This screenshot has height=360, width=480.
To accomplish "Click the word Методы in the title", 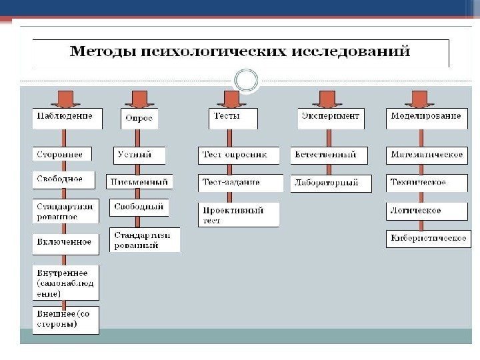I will tap(100, 51).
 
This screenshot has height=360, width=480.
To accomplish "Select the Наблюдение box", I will tap(67, 118).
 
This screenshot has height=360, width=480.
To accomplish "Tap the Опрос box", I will tap(139, 119).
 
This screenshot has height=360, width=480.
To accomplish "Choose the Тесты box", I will tap(233, 118).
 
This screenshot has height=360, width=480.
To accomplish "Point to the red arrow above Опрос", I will tap(139, 98).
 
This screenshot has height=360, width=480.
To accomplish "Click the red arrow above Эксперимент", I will tap(327, 98).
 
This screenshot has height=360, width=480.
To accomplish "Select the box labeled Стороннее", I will tap(63, 155).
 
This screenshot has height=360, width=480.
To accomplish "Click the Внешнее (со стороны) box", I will tap(66, 320).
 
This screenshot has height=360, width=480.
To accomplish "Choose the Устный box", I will tap(139, 155).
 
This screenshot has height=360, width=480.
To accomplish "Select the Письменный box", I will tap(140, 181).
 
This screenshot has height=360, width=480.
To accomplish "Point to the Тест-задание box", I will tap(238, 182).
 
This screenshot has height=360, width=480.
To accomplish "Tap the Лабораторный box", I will tap(331, 183).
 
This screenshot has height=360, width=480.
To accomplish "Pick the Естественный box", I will tap(329, 155).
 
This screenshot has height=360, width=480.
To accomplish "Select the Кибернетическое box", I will tap(428, 239).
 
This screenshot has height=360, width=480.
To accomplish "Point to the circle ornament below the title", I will tap(246, 81).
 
